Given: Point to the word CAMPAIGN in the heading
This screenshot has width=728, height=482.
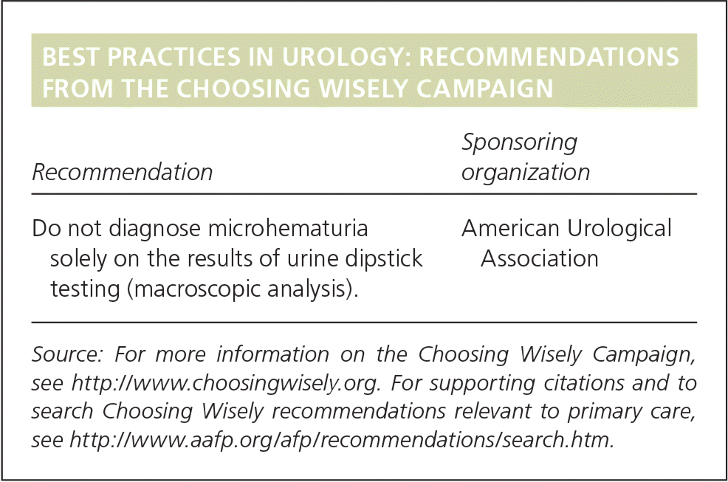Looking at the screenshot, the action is [484, 89].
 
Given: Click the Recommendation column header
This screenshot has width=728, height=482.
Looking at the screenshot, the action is [123, 172].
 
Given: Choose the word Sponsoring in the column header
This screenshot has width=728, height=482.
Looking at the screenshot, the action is [520, 142].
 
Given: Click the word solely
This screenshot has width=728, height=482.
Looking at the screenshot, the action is [78, 259].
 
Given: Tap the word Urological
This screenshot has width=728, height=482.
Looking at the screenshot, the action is [619, 229].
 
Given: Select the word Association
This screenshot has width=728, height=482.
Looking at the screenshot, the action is [540, 258].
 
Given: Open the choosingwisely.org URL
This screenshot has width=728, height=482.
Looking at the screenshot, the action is [225, 384].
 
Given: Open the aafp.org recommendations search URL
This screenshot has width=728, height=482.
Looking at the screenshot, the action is [342, 440].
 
